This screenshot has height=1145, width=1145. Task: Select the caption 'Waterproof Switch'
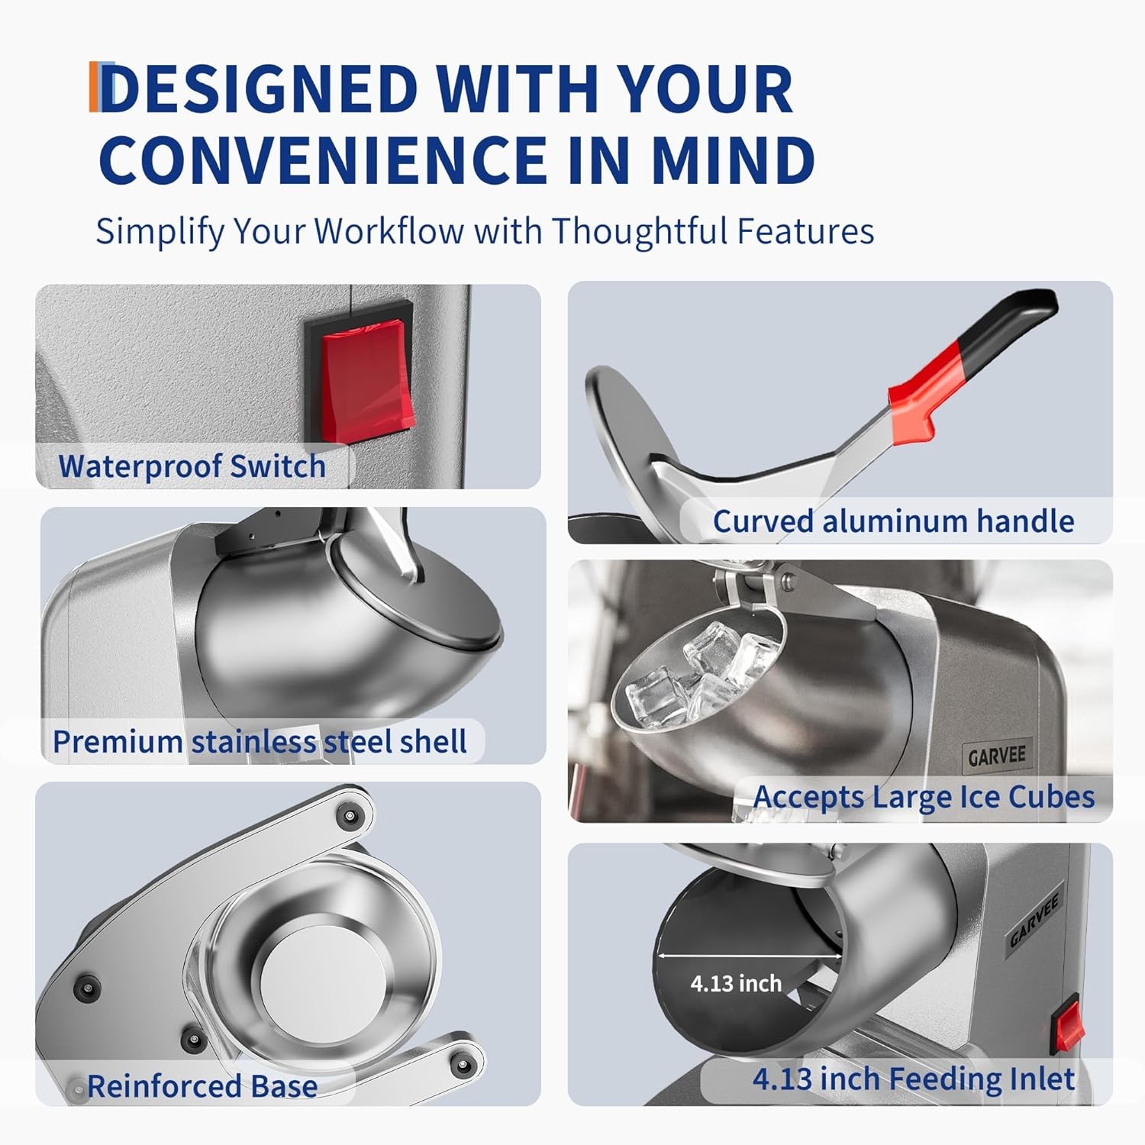(192, 466)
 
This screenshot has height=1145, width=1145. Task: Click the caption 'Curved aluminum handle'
(893, 521)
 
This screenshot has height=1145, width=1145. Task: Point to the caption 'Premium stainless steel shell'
(260, 741)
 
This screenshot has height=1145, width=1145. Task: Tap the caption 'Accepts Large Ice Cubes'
(924, 797)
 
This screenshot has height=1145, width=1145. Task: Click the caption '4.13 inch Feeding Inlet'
(914, 1079)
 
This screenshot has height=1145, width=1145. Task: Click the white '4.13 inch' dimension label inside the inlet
(736, 983)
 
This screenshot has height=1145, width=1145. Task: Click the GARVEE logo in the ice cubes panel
(997, 756)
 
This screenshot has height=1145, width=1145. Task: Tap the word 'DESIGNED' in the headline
(260, 89)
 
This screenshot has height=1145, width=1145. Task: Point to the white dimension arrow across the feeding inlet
(749, 955)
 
